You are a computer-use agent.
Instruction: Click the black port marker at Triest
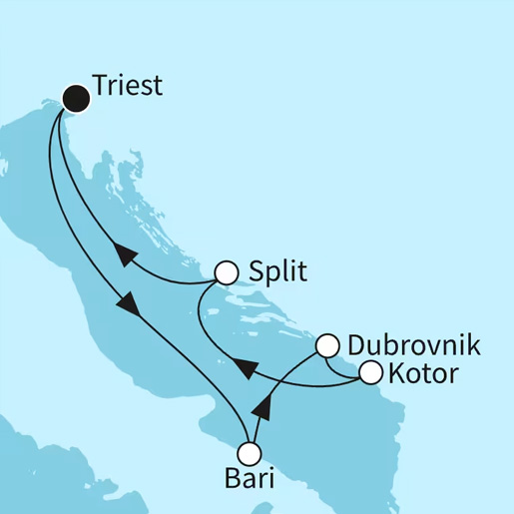(76, 97)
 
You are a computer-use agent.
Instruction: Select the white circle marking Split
(228, 271)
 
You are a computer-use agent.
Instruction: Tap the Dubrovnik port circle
(326, 346)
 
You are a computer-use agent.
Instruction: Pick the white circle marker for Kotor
(370, 374)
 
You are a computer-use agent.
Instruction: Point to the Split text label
(277, 271)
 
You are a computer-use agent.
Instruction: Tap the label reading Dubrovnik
(413, 346)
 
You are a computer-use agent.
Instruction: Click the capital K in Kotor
(396, 375)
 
